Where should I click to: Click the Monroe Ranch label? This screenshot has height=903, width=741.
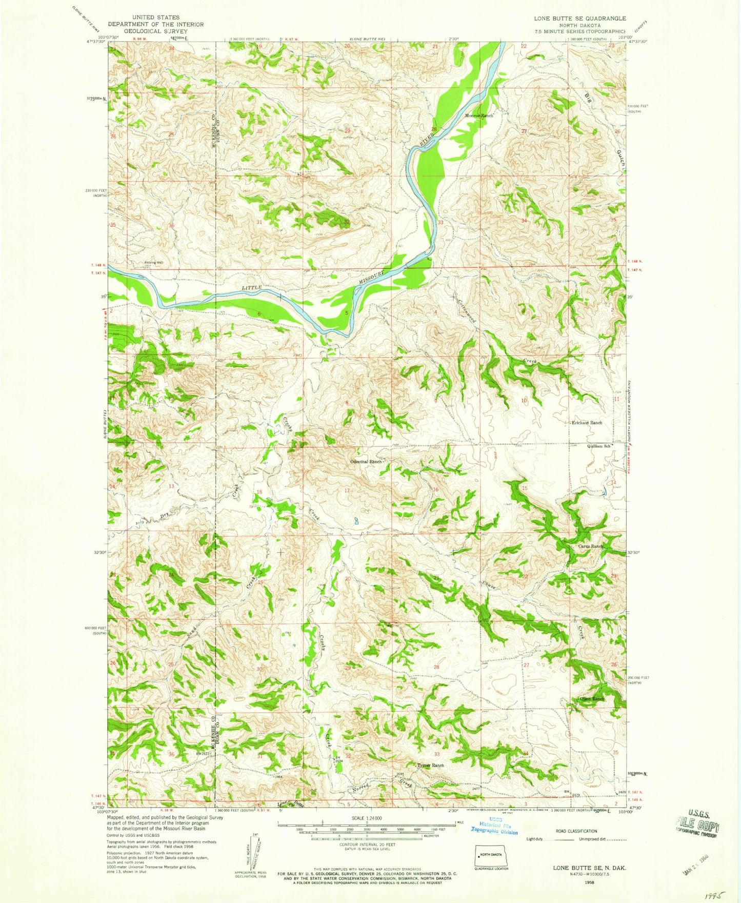click(479, 116)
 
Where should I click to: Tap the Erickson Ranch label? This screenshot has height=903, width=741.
click(587, 423)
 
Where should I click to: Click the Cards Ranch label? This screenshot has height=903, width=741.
click(591, 546)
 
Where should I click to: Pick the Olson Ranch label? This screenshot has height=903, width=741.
click(592, 699)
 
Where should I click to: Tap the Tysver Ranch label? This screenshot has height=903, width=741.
click(430, 765)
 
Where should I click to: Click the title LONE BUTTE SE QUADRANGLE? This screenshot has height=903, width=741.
click(579, 18)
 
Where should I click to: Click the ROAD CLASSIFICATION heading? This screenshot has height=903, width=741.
click(577, 831)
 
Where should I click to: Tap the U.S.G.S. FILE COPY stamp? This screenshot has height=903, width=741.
click(697, 826)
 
